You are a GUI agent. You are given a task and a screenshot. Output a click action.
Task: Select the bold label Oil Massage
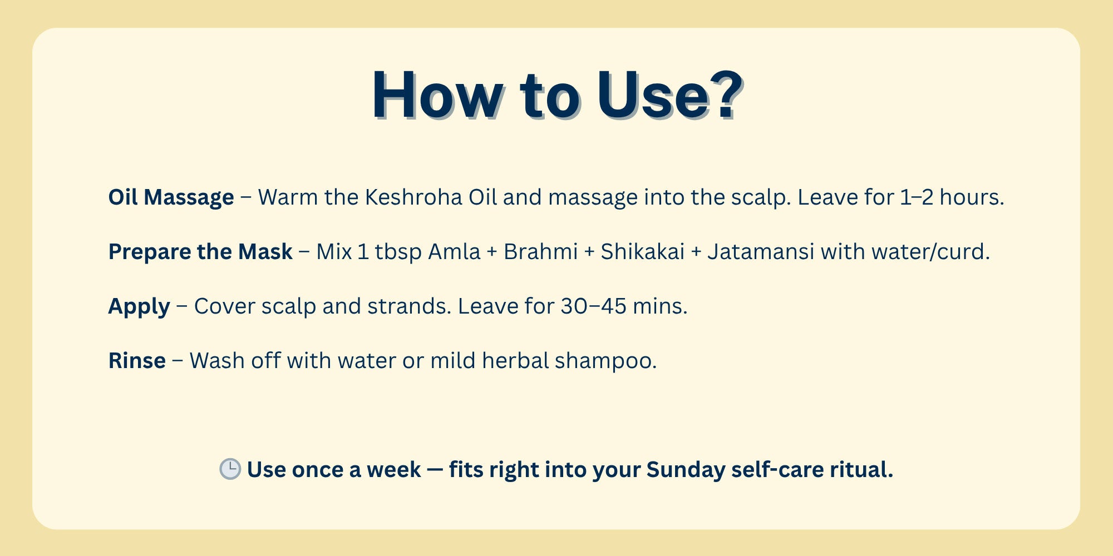171,197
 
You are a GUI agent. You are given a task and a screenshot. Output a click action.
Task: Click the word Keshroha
413,197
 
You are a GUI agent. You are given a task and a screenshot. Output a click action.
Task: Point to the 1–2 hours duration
952,197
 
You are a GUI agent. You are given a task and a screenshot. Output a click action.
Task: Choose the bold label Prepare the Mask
200,252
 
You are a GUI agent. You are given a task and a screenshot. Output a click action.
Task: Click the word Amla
454,252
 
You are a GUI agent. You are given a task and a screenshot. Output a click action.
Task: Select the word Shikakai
642,252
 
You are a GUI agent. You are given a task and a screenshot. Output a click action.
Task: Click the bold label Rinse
137,361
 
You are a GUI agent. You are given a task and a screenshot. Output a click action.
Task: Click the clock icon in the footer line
230,469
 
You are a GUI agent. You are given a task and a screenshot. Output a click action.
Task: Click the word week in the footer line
393,470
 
